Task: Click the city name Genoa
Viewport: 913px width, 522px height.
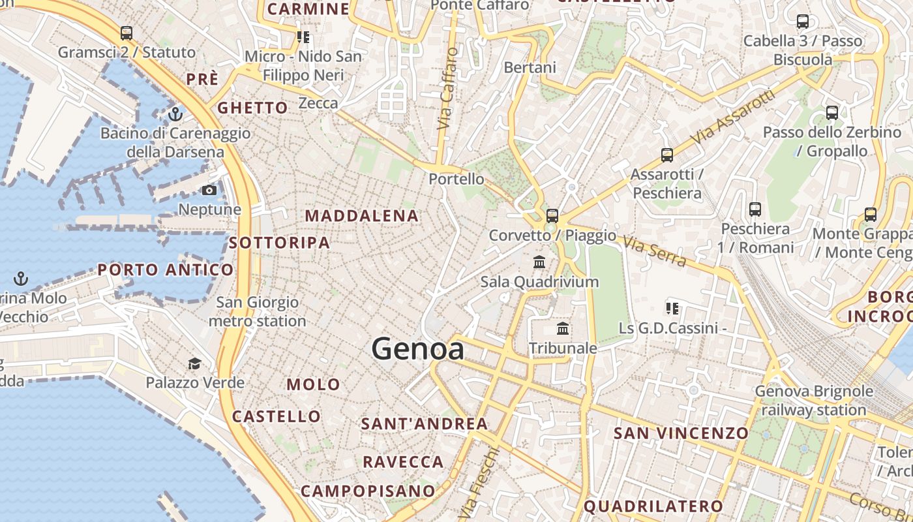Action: tap(418, 350)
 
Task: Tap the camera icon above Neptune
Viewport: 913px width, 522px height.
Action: tap(209, 191)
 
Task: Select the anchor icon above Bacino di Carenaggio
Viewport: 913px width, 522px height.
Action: tap(175, 114)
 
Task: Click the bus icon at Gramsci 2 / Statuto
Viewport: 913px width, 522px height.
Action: tap(127, 33)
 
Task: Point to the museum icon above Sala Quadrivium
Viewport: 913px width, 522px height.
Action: tap(539, 262)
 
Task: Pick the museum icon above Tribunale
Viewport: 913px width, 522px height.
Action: tap(563, 328)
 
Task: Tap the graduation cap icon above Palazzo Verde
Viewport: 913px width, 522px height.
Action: tap(194, 363)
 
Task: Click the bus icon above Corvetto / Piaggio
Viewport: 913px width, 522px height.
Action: tap(552, 215)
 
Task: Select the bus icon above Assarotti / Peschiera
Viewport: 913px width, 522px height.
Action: tap(666, 155)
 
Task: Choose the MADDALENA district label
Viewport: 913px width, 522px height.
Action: tap(362, 216)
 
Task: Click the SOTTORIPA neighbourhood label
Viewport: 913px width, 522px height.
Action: tap(280, 243)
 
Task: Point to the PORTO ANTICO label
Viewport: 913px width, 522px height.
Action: tap(165, 269)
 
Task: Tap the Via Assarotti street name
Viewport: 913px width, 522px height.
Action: tap(734, 117)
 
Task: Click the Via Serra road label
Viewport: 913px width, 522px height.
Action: tap(654, 252)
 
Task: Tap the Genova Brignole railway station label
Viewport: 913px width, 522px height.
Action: tap(814, 401)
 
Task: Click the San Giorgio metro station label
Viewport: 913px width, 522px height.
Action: tap(258, 312)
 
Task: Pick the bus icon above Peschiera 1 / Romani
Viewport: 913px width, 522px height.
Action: tap(755, 209)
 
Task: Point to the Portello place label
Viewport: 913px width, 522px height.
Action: tap(456, 179)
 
